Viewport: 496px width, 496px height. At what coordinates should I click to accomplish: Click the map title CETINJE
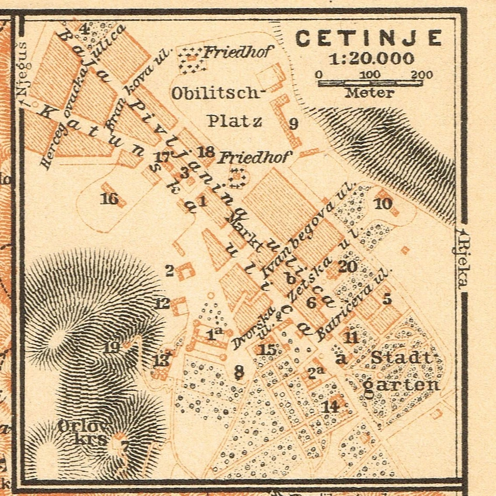(x=369, y=38)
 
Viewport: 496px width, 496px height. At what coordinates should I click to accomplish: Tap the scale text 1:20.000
(x=371, y=58)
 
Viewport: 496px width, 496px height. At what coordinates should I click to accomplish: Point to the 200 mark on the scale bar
(x=422, y=74)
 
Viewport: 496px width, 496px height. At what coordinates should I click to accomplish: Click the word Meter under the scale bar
(x=369, y=93)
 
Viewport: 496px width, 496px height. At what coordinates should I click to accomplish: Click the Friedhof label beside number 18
(x=254, y=157)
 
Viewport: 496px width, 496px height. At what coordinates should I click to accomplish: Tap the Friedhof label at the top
(x=237, y=52)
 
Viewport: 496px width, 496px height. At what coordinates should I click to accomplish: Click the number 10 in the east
(x=383, y=204)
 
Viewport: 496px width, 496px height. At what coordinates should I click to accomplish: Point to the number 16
(x=109, y=198)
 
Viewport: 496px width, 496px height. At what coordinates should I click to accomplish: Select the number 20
(x=347, y=267)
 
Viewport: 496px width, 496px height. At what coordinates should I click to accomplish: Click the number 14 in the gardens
(x=330, y=406)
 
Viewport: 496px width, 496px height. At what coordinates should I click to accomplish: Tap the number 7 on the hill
(x=125, y=446)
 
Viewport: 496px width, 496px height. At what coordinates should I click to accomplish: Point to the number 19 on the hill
(x=112, y=347)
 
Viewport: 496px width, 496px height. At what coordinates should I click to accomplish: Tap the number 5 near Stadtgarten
(x=387, y=299)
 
